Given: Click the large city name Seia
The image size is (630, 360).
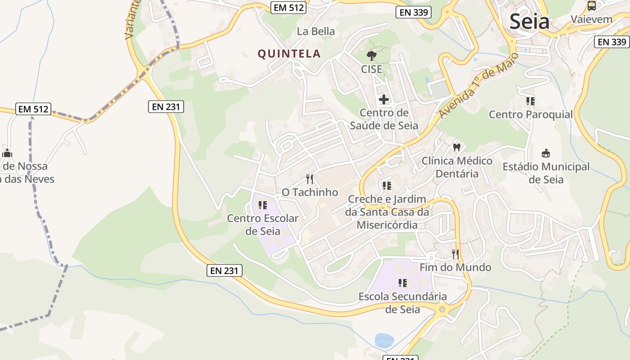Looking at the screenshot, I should click(529, 22).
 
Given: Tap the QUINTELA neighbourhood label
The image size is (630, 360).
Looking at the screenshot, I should click(289, 54).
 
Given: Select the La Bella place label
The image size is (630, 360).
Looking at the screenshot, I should click(316, 31).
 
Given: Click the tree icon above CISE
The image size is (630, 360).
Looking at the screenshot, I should click(371, 56).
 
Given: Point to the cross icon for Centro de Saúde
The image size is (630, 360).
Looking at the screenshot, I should click(384, 99).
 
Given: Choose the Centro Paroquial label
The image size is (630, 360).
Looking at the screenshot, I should click(531, 114).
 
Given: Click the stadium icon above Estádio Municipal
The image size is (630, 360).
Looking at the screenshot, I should click(546, 153).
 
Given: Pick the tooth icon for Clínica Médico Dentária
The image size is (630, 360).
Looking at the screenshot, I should click(457, 147).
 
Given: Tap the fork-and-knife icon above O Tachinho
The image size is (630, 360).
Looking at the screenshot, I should click(310, 179).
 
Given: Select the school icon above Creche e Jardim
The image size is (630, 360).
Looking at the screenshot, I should click(387, 185).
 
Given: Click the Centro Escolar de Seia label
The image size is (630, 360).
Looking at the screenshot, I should click(263, 225).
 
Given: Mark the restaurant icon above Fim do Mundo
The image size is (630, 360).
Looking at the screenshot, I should click(455, 254).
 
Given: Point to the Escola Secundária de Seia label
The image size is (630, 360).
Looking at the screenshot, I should click(402, 303).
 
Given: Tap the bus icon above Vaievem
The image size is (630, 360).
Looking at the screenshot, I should click(592, 6).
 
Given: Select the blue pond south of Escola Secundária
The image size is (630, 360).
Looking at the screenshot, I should click(384, 340).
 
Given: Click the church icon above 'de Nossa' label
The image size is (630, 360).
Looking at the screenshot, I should click(7, 153).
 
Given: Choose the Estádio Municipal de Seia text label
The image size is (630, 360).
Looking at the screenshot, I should click(546, 173).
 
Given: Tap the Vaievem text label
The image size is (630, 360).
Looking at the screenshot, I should click(592, 19).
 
